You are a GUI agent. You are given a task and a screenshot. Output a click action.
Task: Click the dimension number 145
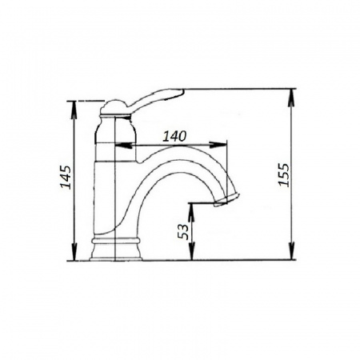tap(66, 177)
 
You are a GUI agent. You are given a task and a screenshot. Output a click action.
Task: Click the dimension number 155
tap(283, 174)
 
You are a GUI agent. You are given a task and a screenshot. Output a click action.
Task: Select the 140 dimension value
tap(174, 136)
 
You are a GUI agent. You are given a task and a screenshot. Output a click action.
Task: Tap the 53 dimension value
tap(183, 231)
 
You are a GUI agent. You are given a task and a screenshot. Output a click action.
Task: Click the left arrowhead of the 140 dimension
tap(123, 145)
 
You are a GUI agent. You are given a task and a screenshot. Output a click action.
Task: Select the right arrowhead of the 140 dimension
tap(218, 145)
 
